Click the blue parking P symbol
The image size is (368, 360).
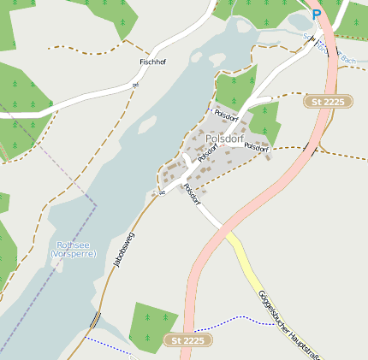click(317, 15)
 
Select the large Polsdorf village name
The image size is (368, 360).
click(225, 139)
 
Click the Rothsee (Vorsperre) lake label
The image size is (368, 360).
click(74, 249)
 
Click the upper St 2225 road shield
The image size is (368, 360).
click(329, 101)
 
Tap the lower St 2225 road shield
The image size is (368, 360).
click(187, 340)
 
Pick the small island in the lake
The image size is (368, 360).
click(147, 125)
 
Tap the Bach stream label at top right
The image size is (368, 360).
click(347, 60)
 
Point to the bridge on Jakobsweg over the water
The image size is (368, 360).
click(94, 320)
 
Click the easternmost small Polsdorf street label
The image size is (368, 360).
click(256, 147)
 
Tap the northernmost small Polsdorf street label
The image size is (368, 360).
click(225, 114)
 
